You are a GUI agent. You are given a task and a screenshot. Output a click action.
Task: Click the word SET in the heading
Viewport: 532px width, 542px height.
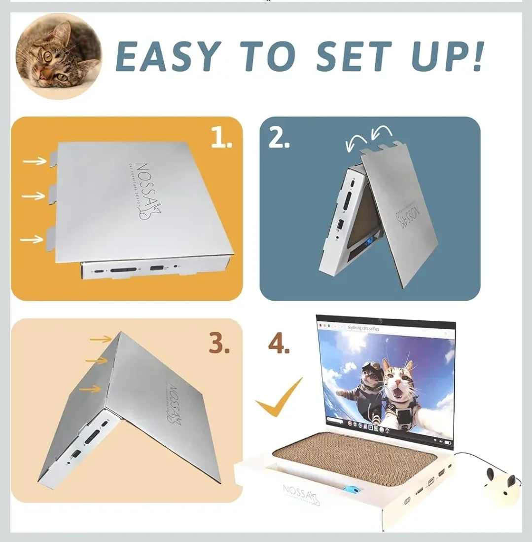(353, 56)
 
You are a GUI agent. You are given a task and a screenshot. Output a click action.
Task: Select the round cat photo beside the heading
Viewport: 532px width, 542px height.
(58, 56)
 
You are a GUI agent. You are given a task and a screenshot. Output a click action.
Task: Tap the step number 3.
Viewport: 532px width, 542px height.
(219, 343)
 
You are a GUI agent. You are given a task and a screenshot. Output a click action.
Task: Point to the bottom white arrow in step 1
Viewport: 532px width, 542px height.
(32, 239)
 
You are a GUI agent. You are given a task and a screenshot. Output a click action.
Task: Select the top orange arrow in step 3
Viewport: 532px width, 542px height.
(101, 339)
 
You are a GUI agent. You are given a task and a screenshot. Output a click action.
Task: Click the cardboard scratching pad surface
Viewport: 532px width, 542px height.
(355, 455)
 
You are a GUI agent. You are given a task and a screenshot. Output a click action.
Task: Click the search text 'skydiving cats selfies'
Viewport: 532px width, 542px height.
(363, 328)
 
